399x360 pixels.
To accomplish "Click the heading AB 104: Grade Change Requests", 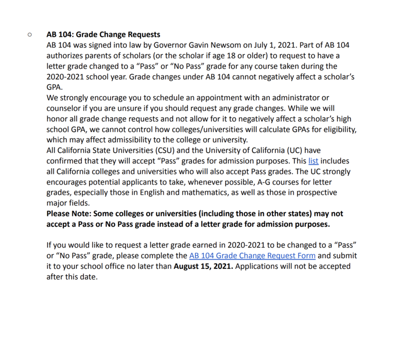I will pos(103,35).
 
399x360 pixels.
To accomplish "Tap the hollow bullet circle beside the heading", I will pos(30,35).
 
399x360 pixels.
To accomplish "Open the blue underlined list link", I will pos(312,161).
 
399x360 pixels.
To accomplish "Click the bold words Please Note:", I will pos(68,213).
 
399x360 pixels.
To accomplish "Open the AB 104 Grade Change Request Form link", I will pos(252,256).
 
